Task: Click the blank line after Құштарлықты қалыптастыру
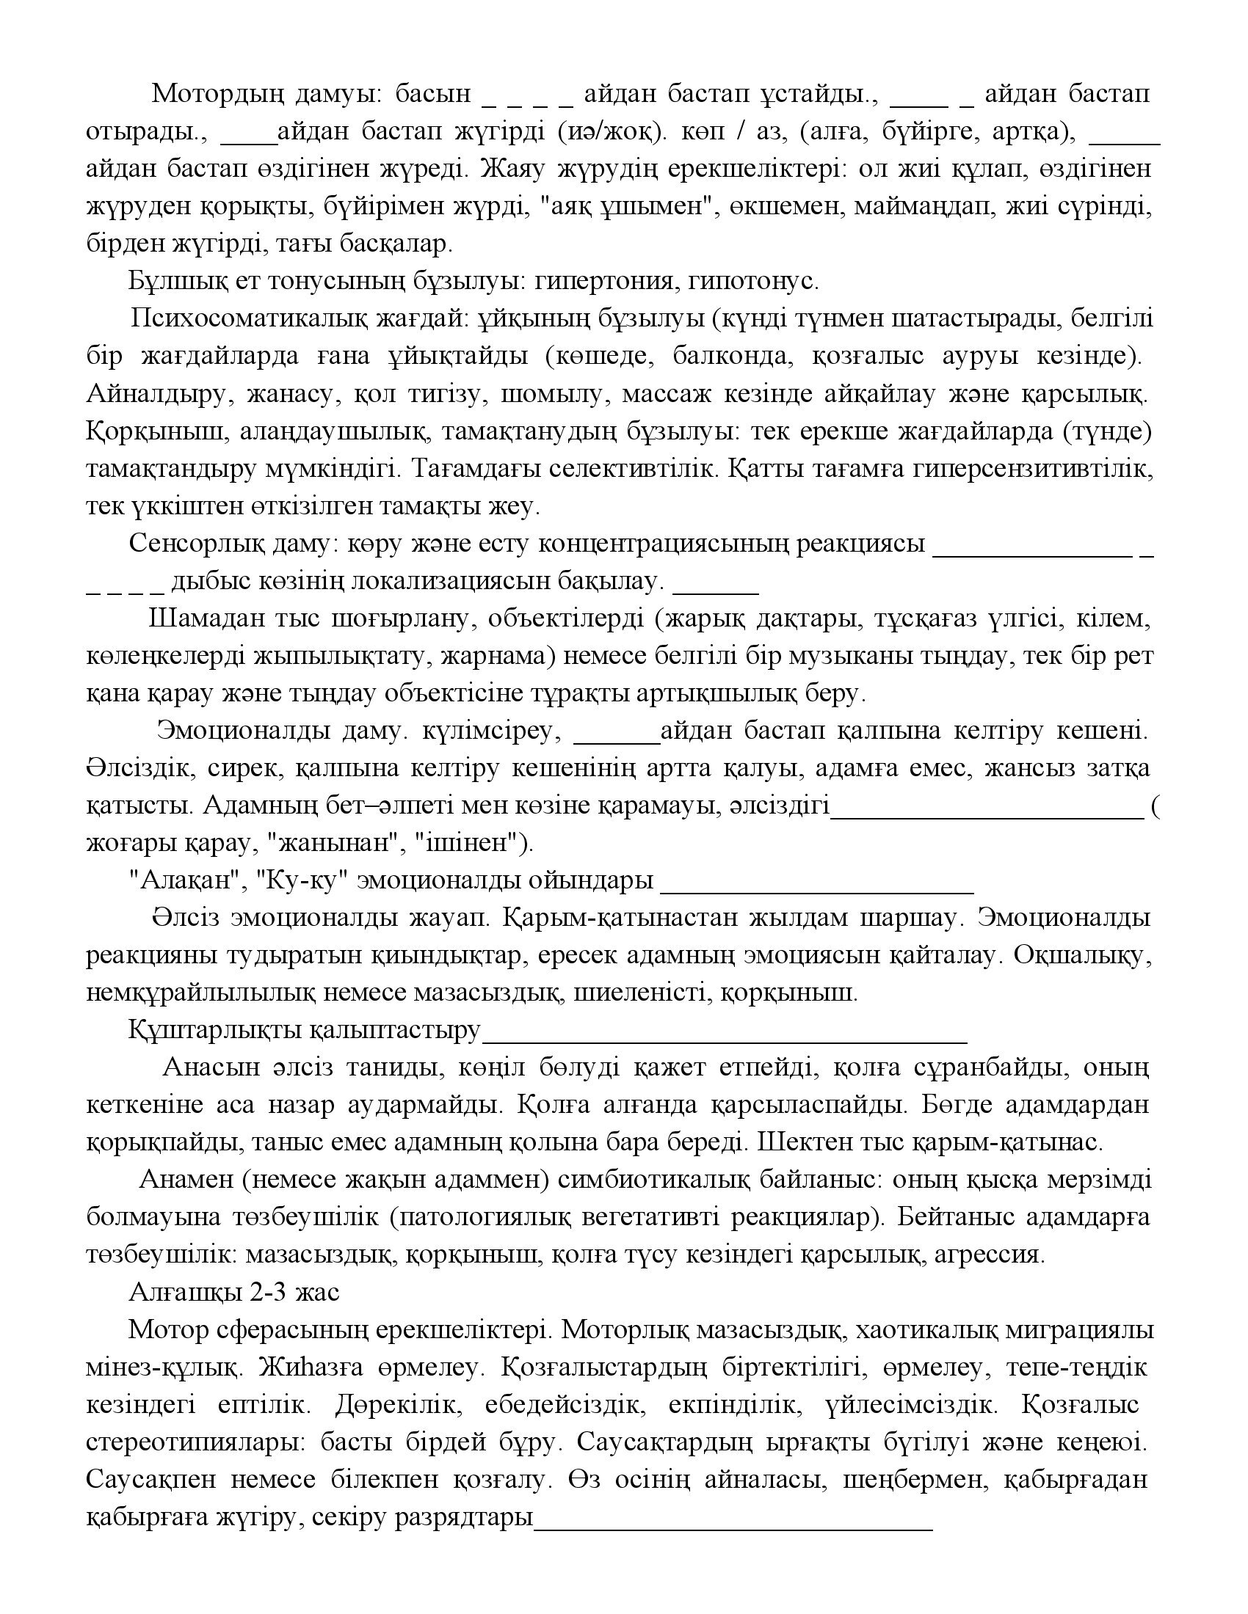725,1040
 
